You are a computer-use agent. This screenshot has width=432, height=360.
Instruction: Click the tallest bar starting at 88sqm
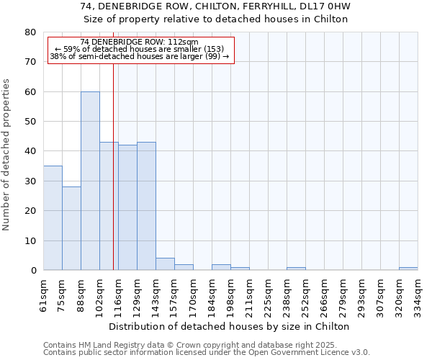point(90,181)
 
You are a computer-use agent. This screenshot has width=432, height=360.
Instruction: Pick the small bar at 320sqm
point(408,269)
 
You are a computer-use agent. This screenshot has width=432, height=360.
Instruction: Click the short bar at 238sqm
point(296,269)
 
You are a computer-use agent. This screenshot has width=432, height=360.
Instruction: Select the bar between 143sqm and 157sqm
point(165,264)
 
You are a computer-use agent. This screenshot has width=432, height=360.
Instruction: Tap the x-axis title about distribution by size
point(230,326)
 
